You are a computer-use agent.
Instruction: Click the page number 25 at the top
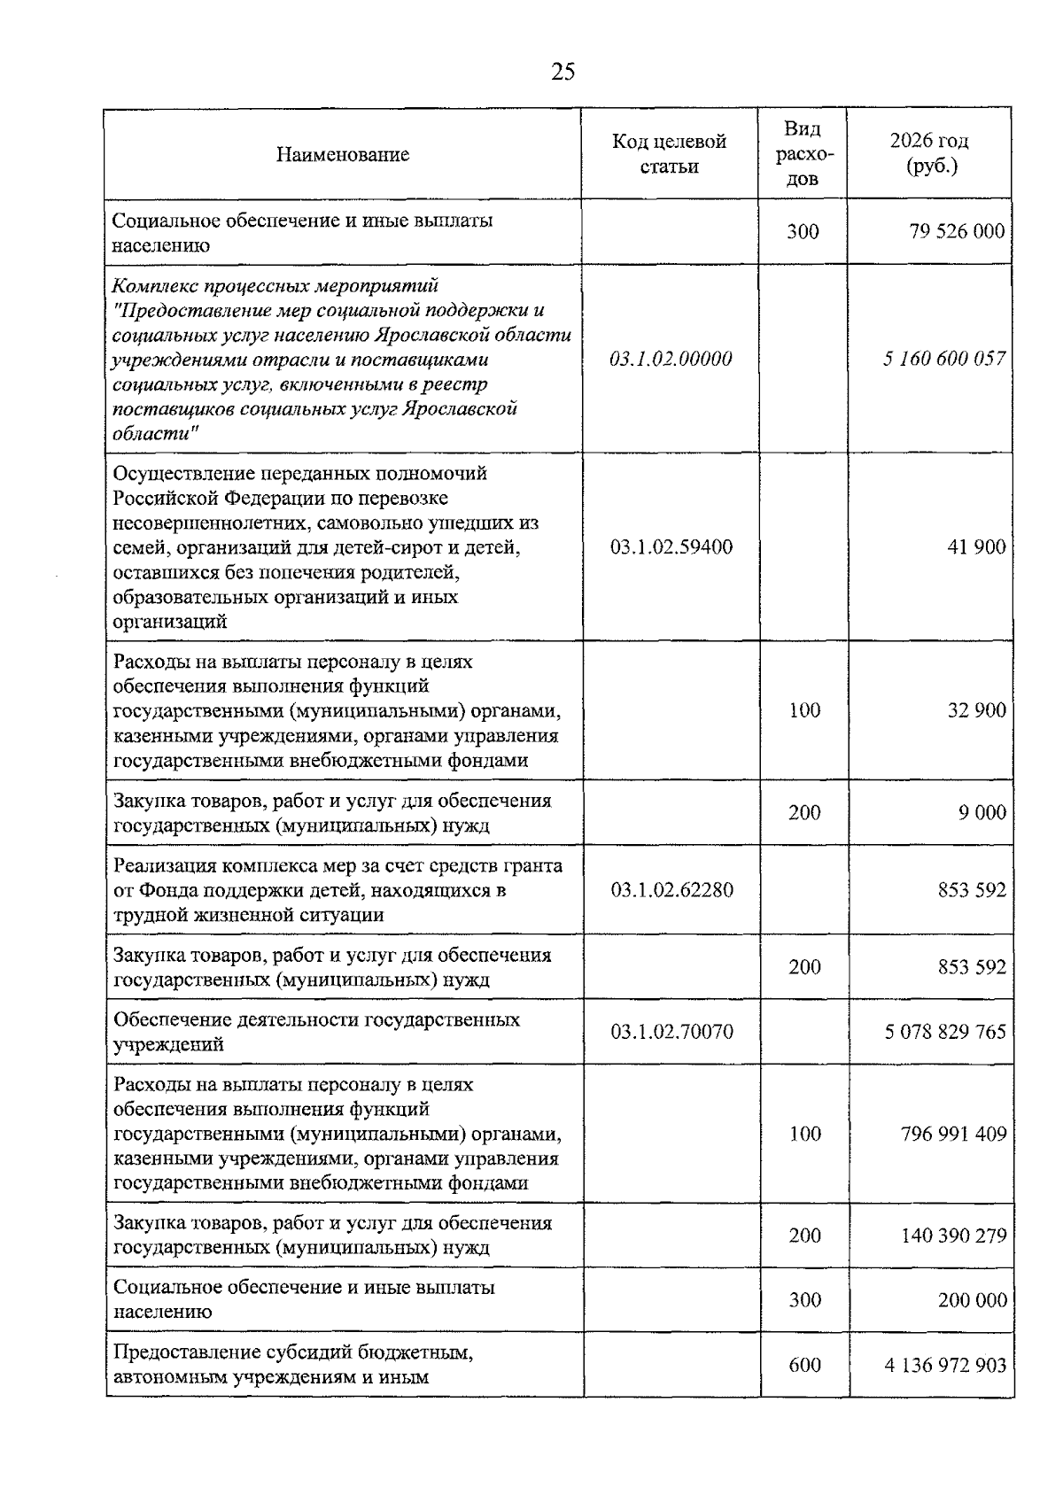(563, 72)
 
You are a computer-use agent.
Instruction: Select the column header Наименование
(343, 155)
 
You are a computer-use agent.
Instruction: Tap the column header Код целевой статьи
(669, 154)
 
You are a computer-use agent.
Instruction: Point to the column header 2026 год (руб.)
(929, 154)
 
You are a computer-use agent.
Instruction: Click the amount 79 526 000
(957, 232)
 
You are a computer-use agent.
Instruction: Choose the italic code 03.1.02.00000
(671, 359)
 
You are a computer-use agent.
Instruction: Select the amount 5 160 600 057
(944, 359)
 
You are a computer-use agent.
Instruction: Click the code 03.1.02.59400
(671, 546)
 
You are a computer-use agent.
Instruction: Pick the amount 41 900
(976, 546)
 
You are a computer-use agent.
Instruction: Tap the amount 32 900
(976, 710)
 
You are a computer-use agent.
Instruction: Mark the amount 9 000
(982, 812)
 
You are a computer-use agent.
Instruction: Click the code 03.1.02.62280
(671, 889)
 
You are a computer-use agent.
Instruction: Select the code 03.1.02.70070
(671, 1032)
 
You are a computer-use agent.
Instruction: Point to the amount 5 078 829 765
(945, 1032)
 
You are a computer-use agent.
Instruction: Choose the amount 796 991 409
(953, 1134)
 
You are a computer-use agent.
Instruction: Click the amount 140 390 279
(953, 1236)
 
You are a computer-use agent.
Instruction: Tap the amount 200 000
(972, 1300)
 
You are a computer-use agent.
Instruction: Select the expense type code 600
(804, 1365)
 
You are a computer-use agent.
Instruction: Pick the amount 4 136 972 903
(945, 1365)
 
